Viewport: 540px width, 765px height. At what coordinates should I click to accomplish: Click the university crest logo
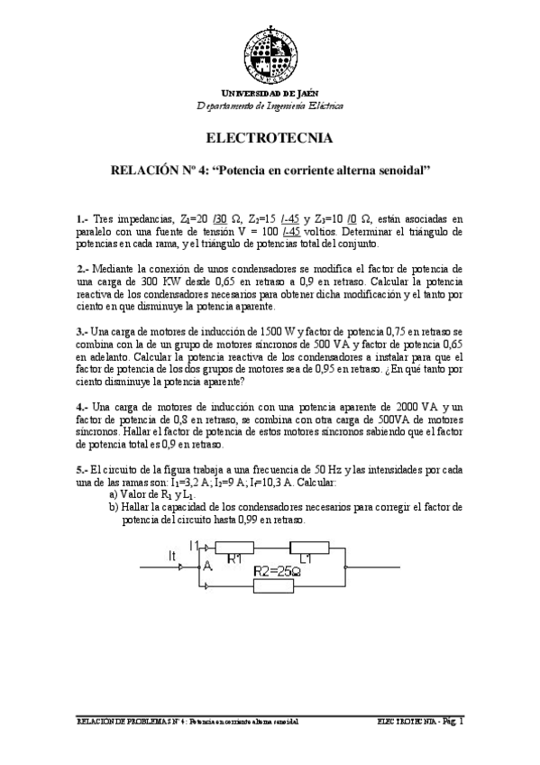click(270, 51)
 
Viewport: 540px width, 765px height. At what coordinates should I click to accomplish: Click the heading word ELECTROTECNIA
click(270, 138)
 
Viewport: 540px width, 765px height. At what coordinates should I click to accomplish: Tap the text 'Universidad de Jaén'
click(270, 94)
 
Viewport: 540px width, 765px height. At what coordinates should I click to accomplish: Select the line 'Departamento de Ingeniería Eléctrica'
click(270, 106)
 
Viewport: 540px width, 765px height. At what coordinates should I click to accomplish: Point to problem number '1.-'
click(82, 218)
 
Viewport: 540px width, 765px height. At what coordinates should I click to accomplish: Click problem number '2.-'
click(82, 269)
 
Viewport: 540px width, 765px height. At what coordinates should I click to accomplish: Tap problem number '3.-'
click(82, 331)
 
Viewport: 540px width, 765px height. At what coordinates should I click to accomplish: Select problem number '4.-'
click(82, 407)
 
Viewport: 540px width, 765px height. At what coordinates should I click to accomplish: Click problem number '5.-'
click(82, 470)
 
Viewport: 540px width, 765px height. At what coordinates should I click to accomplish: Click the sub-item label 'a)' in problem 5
click(114, 495)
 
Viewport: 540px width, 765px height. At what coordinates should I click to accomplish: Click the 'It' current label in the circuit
click(174, 558)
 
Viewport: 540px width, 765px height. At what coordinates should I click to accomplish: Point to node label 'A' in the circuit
click(207, 567)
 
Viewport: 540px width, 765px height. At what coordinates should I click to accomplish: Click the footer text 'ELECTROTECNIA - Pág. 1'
click(420, 722)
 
